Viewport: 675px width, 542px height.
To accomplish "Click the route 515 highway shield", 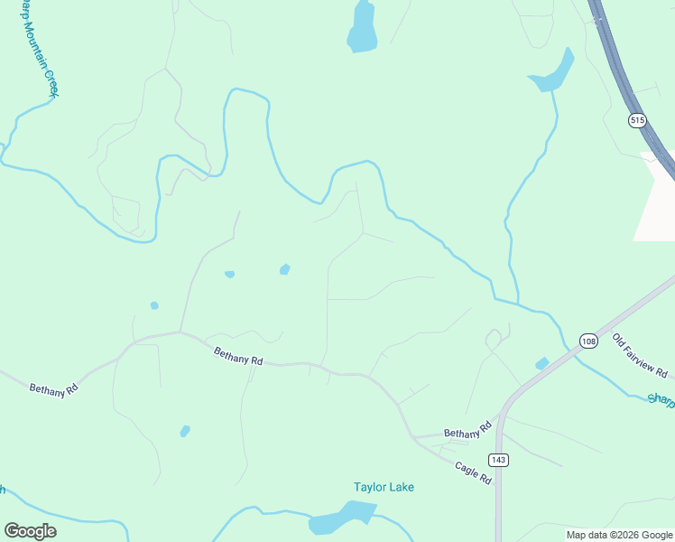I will (x=638, y=120).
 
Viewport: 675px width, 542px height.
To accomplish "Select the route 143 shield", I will (x=500, y=460).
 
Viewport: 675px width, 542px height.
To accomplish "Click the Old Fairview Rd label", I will (x=640, y=356).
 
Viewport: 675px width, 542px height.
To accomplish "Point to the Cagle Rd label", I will (x=473, y=472).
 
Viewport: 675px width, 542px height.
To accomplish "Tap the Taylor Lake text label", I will (x=384, y=487).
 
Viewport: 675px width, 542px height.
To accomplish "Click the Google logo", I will (x=30, y=531).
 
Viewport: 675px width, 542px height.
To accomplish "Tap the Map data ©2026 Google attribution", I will (x=620, y=535).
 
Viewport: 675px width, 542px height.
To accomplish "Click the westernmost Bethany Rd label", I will (x=54, y=389).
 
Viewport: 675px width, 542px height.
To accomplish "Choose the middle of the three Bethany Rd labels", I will (x=238, y=356).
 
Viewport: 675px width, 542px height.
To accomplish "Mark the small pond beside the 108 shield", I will (x=541, y=363).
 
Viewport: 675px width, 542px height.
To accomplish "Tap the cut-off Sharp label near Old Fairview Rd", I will (x=661, y=398).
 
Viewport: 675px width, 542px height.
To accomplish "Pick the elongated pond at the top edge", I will (x=362, y=28).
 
